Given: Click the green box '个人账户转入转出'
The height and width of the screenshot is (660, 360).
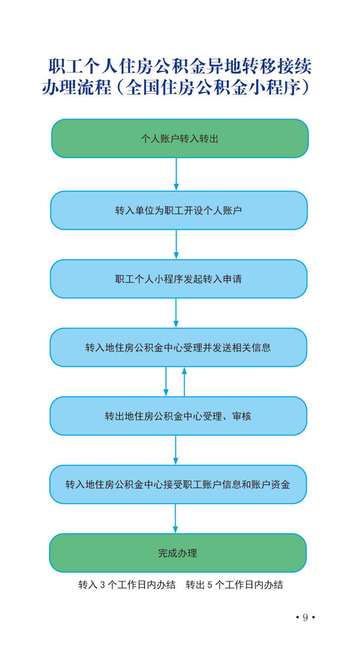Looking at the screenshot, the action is [x=180, y=138].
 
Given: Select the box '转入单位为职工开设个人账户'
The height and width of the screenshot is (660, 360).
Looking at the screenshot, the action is [x=179, y=210].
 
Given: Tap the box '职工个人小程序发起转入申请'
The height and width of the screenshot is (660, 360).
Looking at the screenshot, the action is [x=179, y=279].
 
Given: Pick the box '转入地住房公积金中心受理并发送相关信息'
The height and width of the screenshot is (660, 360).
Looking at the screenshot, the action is [x=178, y=348].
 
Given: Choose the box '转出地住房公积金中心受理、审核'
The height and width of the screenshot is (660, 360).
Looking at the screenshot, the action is [x=178, y=416].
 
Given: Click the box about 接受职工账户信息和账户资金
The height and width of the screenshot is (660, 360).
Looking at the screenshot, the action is [x=178, y=484].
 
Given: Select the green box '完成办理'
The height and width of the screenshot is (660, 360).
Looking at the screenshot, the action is [x=178, y=553].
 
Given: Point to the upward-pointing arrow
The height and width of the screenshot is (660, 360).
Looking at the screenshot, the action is [x=184, y=382].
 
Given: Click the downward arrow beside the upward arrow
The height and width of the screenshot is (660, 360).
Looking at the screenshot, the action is [x=166, y=381].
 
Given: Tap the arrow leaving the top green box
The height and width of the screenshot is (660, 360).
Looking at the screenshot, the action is [x=176, y=174].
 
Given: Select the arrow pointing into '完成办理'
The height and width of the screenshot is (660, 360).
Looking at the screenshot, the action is [x=175, y=519].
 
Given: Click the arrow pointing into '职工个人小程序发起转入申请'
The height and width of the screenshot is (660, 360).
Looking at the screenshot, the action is [x=176, y=245].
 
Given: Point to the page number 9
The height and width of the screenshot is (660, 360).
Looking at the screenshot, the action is [x=305, y=617].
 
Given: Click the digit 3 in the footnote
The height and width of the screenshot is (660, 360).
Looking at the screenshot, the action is [x=102, y=585].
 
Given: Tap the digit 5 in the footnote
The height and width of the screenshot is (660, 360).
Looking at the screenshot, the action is [x=210, y=585].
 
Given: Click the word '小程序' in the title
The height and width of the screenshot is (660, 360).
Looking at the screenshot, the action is [x=275, y=88].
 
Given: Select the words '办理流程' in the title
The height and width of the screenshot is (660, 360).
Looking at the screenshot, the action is [x=77, y=88].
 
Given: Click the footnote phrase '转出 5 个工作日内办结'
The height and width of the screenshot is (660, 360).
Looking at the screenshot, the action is [x=234, y=585].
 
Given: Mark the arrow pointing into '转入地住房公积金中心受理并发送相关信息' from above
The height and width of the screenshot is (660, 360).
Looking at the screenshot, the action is [x=176, y=313].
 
